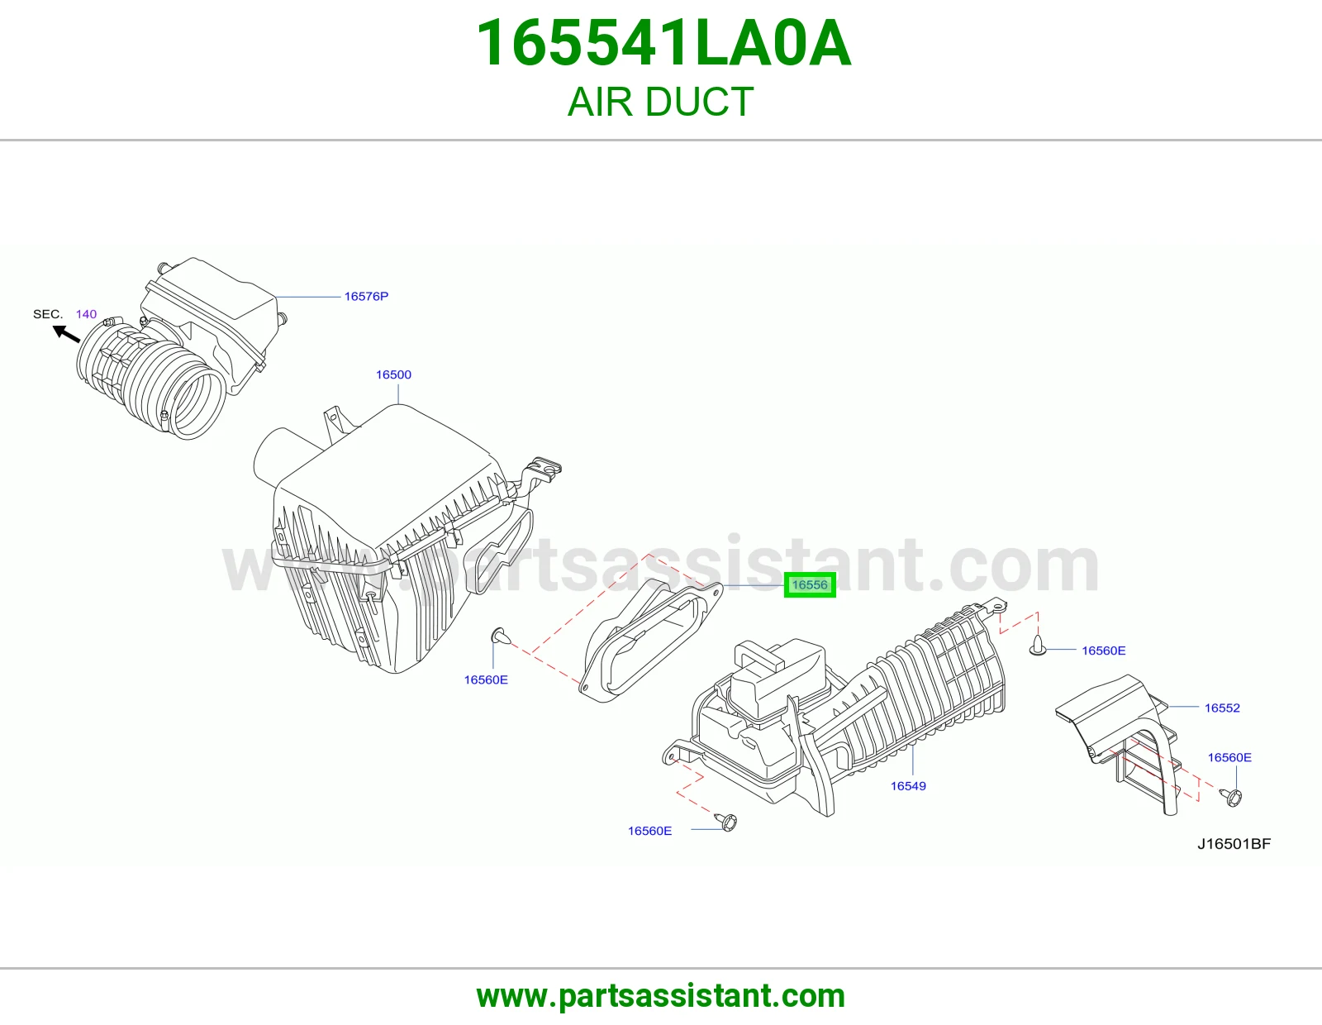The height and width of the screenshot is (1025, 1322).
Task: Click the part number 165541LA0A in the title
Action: (663, 43)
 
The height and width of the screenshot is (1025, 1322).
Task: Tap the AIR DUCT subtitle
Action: (661, 102)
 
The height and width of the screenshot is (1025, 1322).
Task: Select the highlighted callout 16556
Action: (809, 585)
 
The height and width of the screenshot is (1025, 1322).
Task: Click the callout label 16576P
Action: (366, 297)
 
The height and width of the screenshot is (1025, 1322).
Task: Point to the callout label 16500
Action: (393, 375)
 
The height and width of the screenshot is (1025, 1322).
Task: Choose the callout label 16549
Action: (908, 786)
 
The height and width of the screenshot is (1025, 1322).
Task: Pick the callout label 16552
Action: (1222, 708)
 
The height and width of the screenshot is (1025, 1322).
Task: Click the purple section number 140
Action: (86, 314)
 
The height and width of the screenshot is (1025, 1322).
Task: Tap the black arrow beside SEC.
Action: (66, 334)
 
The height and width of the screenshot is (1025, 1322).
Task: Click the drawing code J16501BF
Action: (1234, 844)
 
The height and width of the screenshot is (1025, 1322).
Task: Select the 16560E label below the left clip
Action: (486, 679)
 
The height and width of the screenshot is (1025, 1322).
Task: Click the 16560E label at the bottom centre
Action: (649, 831)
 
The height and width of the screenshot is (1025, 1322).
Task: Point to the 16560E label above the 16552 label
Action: (1229, 757)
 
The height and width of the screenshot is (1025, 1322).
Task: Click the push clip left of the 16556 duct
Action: (500, 636)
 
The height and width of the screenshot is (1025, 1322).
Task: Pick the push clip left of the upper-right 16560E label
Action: (1037, 646)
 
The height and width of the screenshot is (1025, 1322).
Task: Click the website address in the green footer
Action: (661, 996)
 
